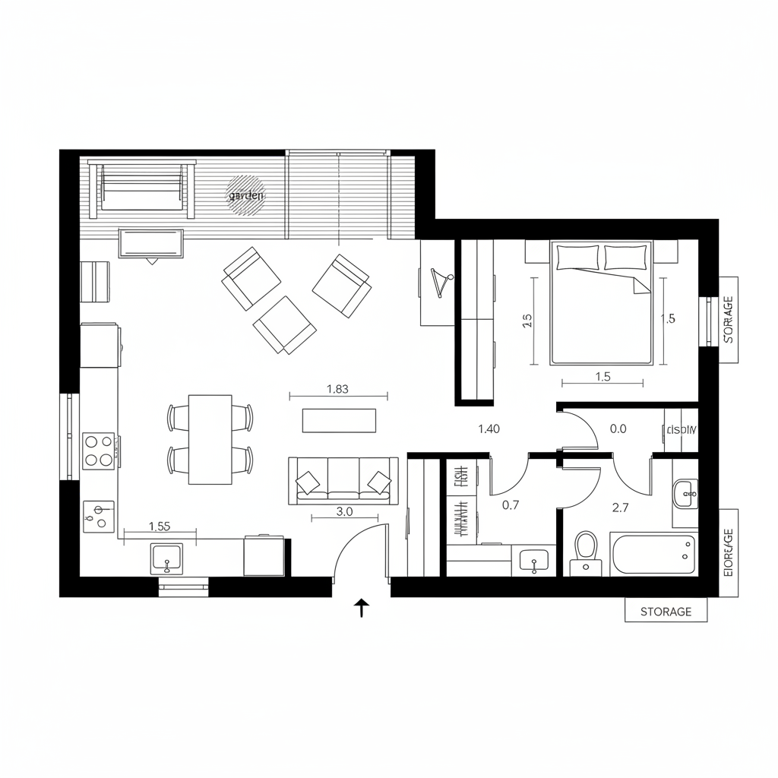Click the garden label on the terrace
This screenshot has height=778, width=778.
(x=246, y=195)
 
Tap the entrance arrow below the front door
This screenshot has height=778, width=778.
(x=362, y=607)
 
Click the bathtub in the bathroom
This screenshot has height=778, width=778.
(x=653, y=553)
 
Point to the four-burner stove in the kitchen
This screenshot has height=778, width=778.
(x=98, y=450)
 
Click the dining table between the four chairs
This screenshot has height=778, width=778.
(x=210, y=438)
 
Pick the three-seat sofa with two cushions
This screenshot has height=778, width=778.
(x=343, y=480)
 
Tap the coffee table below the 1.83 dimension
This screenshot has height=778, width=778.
(x=339, y=420)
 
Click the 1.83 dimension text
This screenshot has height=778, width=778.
(x=337, y=389)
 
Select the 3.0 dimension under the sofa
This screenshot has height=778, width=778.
(x=344, y=511)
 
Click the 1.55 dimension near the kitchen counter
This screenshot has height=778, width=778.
(x=160, y=525)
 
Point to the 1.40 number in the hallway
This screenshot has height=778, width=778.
(x=489, y=429)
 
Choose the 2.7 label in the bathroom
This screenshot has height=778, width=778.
(x=620, y=508)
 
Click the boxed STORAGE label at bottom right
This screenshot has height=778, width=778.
(x=666, y=611)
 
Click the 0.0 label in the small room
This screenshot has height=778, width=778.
(x=618, y=429)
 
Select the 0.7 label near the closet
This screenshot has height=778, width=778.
(x=511, y=504)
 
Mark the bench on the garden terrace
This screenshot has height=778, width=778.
(x=141, y=185)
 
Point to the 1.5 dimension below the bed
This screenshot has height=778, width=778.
(x=602, y=376)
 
